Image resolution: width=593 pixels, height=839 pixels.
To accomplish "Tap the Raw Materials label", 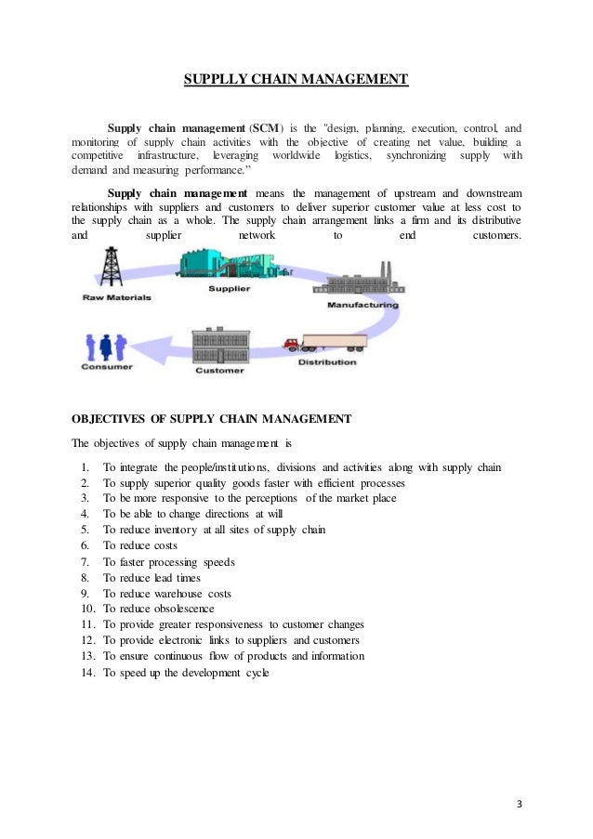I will [117, 298].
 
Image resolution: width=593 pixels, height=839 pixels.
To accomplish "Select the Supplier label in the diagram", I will [229, 290].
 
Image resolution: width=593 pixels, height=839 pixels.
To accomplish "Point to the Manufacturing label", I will [362, 305].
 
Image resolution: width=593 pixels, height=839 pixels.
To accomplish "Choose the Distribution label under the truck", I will [326, 362].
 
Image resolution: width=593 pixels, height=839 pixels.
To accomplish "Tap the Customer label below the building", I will [219, 371].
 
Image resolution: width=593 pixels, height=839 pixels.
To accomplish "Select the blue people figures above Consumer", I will [105, 345].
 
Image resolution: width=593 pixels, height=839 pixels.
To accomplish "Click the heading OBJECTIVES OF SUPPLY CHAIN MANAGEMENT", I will [212, 419].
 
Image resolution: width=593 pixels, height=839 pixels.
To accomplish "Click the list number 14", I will [88, 673].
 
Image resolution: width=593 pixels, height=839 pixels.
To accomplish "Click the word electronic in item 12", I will [178, 640].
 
